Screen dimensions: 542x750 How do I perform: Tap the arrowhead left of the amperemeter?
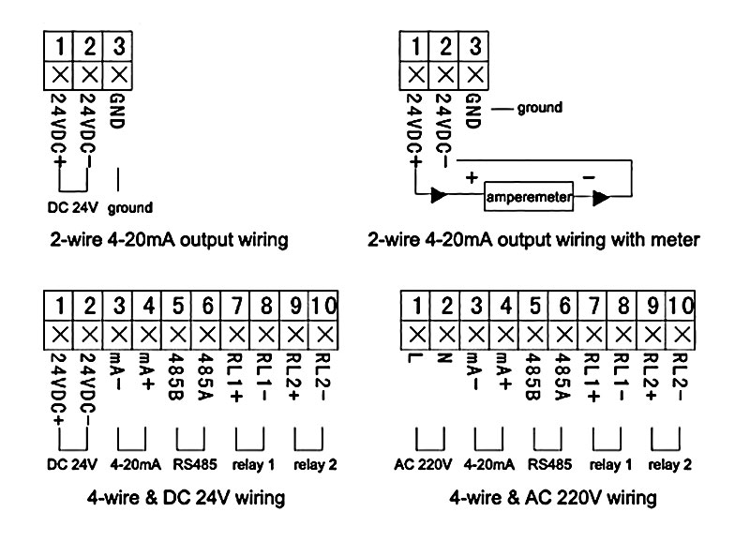coord(439,199)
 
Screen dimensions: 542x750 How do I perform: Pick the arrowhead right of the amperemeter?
coord(599,199)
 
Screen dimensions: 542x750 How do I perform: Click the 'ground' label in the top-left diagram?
coord(130,206)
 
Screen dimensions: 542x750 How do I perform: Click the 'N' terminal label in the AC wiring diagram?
coord(446,360)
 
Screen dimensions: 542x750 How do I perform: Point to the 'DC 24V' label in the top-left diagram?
coord(71,206)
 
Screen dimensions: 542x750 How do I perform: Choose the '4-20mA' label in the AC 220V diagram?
coord(488,464)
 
